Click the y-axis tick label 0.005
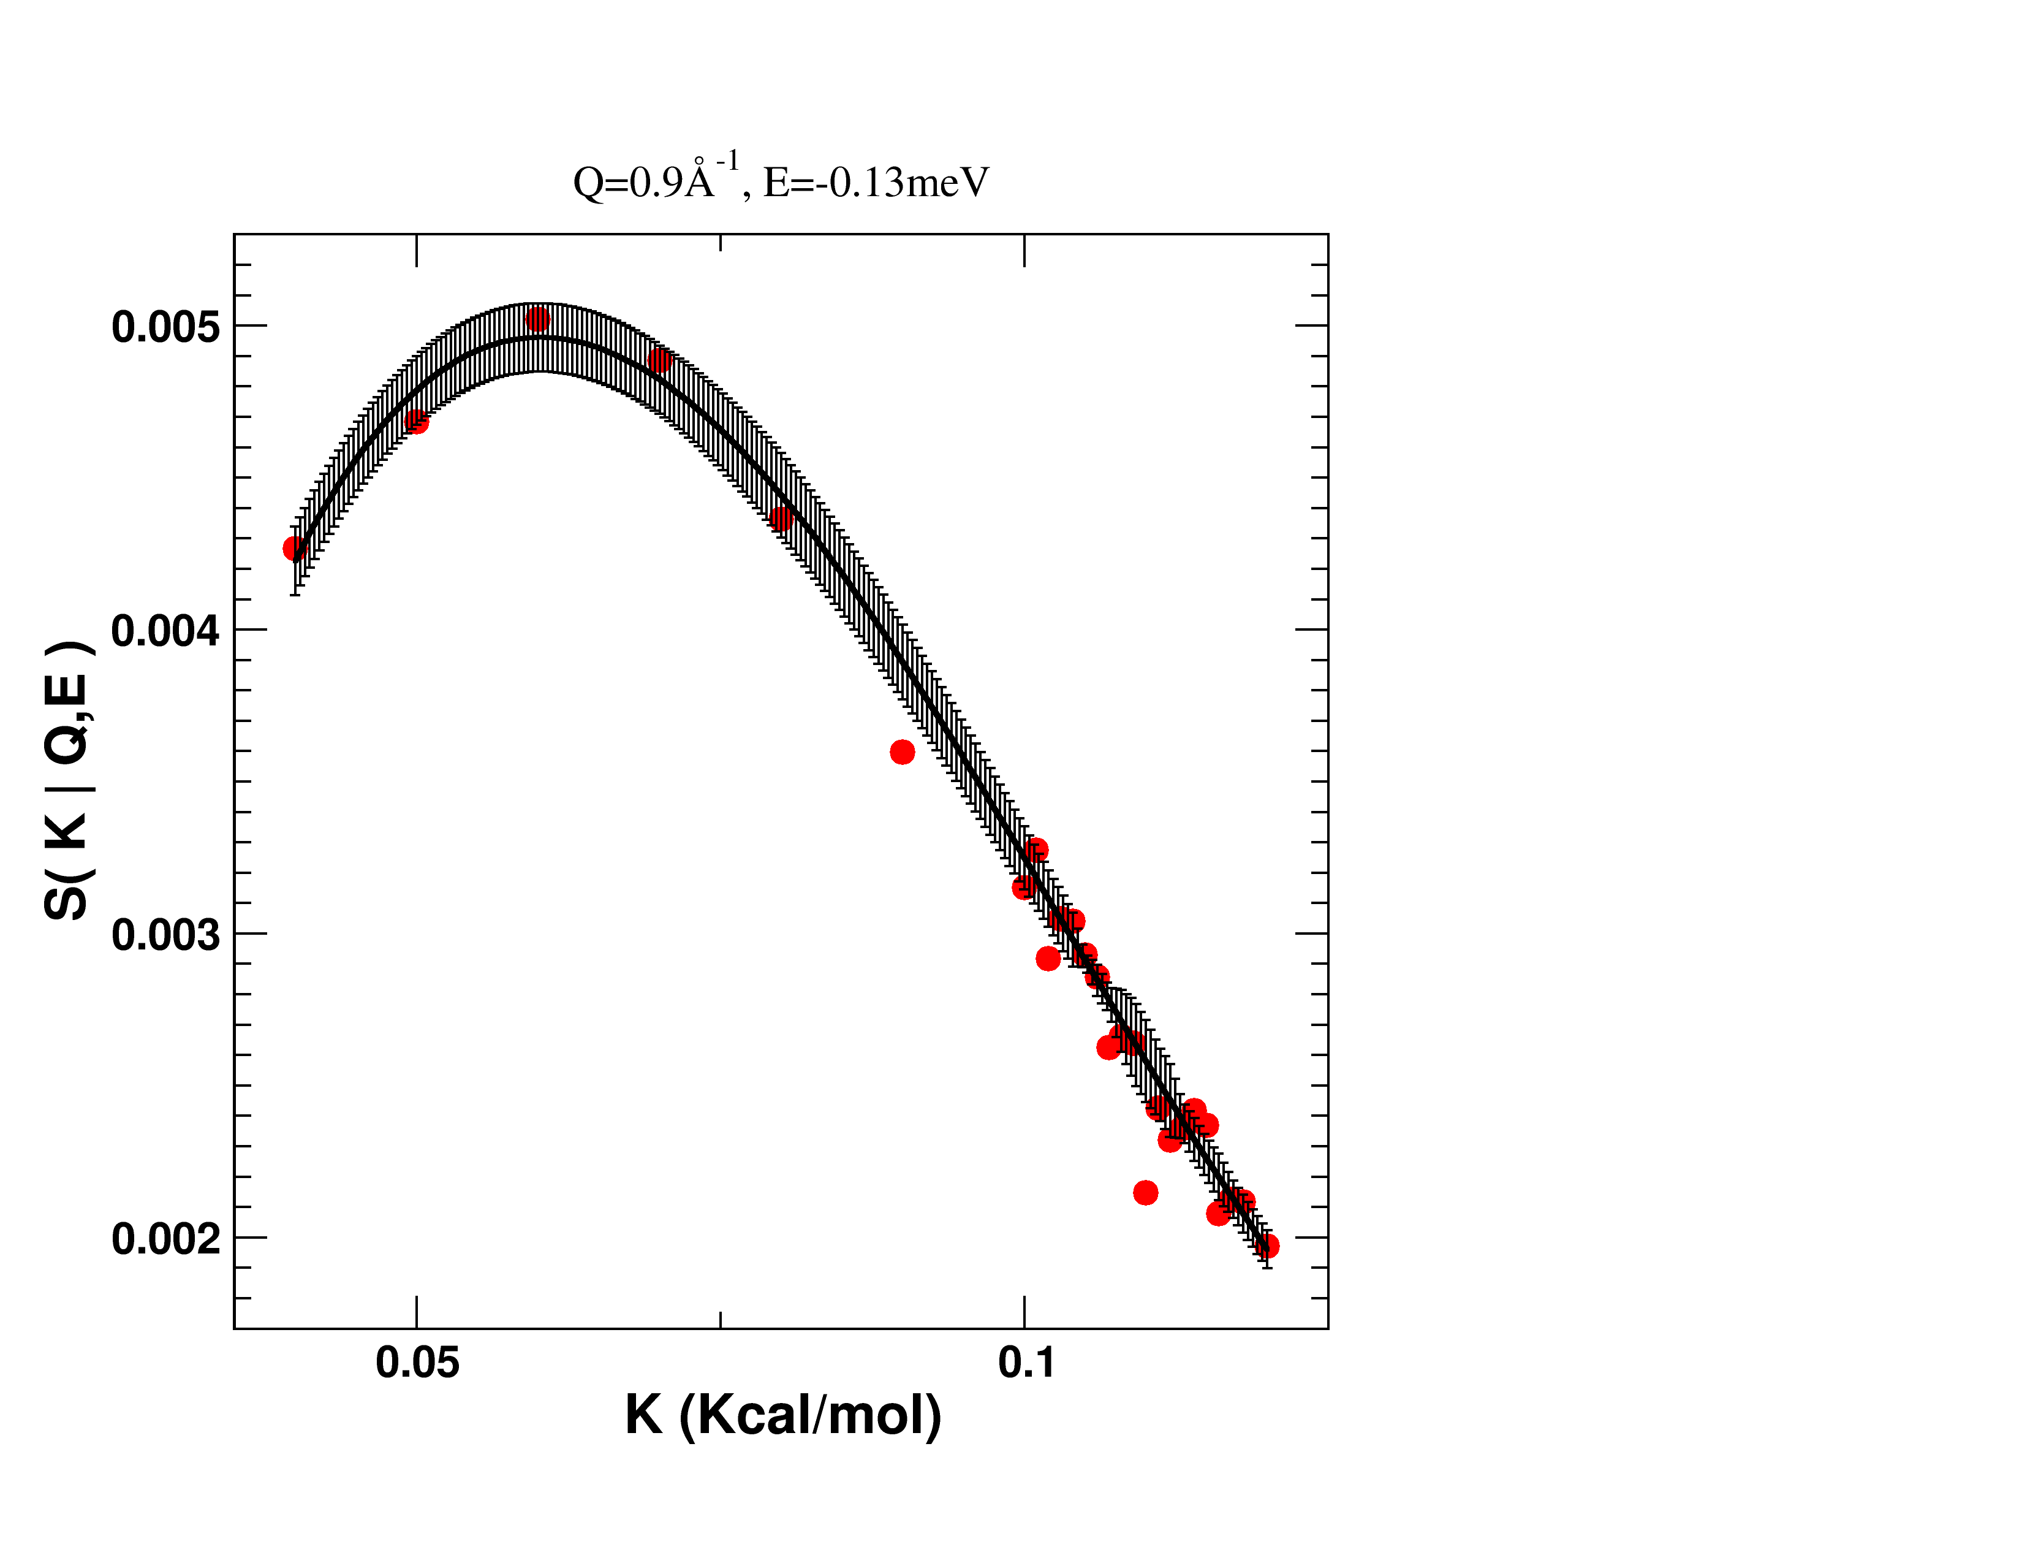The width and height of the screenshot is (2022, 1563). tap(165, 327)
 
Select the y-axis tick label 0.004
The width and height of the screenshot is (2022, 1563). tap(165, 631)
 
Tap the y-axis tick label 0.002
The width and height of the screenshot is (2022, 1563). tap(165, 1238)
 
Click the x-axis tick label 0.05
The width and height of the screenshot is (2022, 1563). tap(417, 1362)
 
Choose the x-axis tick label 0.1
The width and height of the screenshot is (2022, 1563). tap(1026, 1362)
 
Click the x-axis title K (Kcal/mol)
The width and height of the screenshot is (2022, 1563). tap(782, 1415)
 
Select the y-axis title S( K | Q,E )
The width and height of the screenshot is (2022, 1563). tap(67, 780)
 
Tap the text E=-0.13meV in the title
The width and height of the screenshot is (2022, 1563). tap(876, 183)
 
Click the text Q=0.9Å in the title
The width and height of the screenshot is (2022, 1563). tap(643, 183)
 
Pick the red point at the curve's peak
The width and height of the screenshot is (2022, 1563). tap(537, 319)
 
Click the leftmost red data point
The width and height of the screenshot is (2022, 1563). tap(294, 549)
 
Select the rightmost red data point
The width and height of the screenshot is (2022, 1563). tap(1268, 1246)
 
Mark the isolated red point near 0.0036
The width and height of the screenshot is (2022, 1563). tap(903, 752)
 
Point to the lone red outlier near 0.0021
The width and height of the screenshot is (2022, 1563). tap(1145, 1193)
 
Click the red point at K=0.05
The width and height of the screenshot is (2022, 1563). tap(417, 422)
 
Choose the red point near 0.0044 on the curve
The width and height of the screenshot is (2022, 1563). tap(781, 519)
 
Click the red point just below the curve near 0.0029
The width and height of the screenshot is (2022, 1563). tap(1048, 959)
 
